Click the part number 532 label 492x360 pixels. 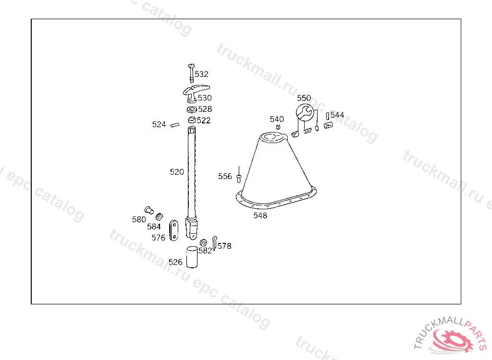pos(201,74)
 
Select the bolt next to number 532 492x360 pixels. pos(191,73)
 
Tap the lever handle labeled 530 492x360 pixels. pos(196,93)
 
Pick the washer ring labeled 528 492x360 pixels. pos(192,109)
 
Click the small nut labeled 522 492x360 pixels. pos(192,120)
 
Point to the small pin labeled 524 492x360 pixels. pos(175,125)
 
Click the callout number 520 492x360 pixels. pos(177,172)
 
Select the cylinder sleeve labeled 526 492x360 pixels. pos(192,257)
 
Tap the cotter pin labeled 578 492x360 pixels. pos(215,243)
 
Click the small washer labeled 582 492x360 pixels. pos(203,243)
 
